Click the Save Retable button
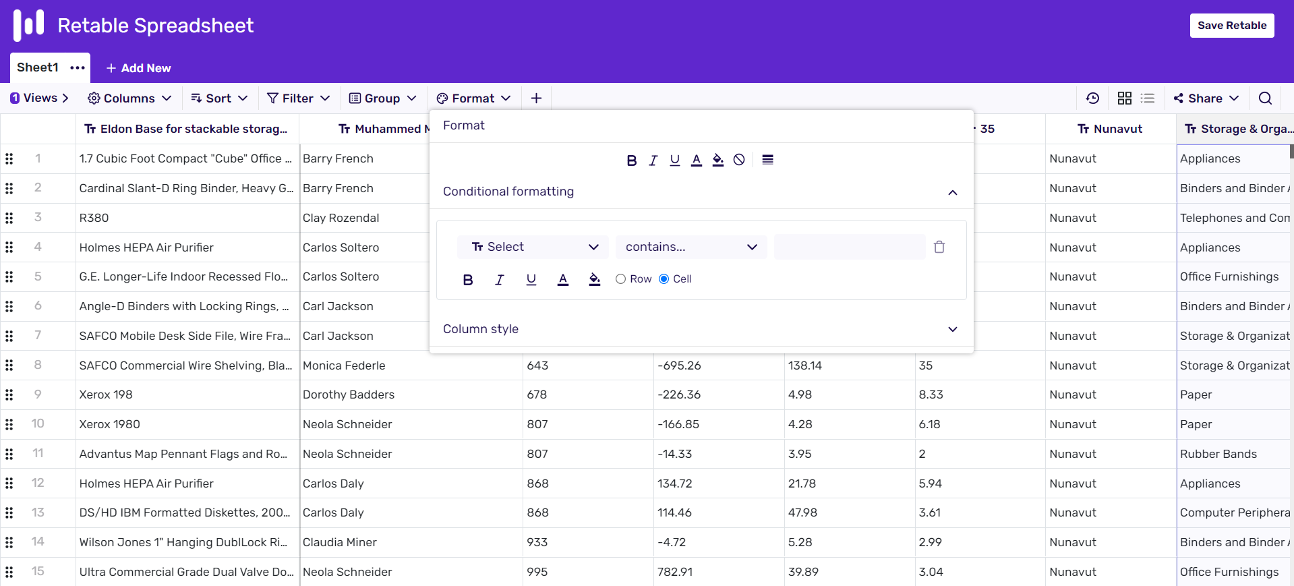pyautogui.click(x=1231, y=26)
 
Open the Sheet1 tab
pyautogui.click(x=38, y=67)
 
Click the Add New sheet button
pyautogui.click(x=139, y=68)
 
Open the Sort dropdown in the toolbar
pyautogui.click(x=219, y=98)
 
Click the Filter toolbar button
pyautogui.click(x=298, y=98)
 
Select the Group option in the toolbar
pyautogui.click(x=382, y=98)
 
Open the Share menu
pyautogui.click(x=1206, y=98)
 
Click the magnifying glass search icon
pyautogui.click(x=1265, y=98)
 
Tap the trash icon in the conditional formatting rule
pyautogui.click(x=939, y=247)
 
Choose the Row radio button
pyautogui.click(x=620, y=279)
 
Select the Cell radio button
pyautogui.click(x=664, y=279)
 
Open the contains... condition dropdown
pyautogui.click(x=690, y=247)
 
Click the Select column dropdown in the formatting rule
pyautogui.click(x=533, y=247)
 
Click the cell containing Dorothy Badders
pyautogui.click(x=349, y=394)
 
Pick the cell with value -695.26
pyautogui.click(x=679, y=365)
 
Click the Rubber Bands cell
pyautogui.click(x=1218, y=454)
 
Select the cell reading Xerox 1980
pyautogui.click(x=110, y=424)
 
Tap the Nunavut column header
pyautogui.click(x=1111, y=129)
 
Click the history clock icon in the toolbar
pyautogui.click(x=1092, y=98)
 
